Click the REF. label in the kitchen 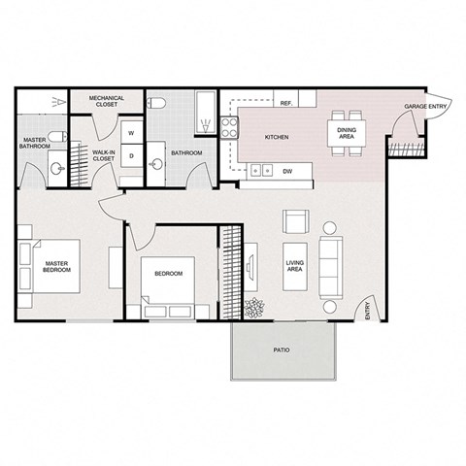pos(286,102)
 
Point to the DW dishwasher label pos(287,171)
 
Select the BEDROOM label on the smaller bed pos(169,274)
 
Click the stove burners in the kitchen pos(231,128)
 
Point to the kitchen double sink pos(260,171)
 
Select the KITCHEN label pos(277,138)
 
